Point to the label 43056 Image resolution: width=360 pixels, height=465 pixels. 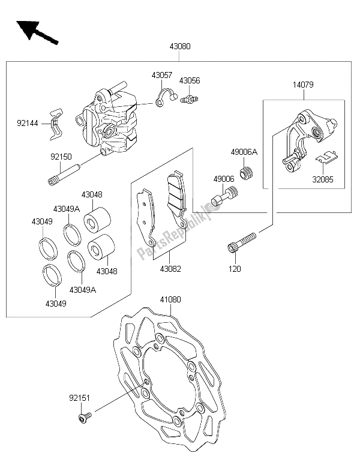pyautogui.click(x=190, y=80)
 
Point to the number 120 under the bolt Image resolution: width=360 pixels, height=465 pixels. pyautogui.click(x=235, y=268)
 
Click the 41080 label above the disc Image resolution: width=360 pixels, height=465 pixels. pyautogui.click(x=170, y=298)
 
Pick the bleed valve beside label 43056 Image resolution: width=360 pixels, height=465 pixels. pyautogui.click(x=190, y=98)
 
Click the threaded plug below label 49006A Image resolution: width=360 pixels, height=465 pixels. pyautogui.click(x=245, y=175)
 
